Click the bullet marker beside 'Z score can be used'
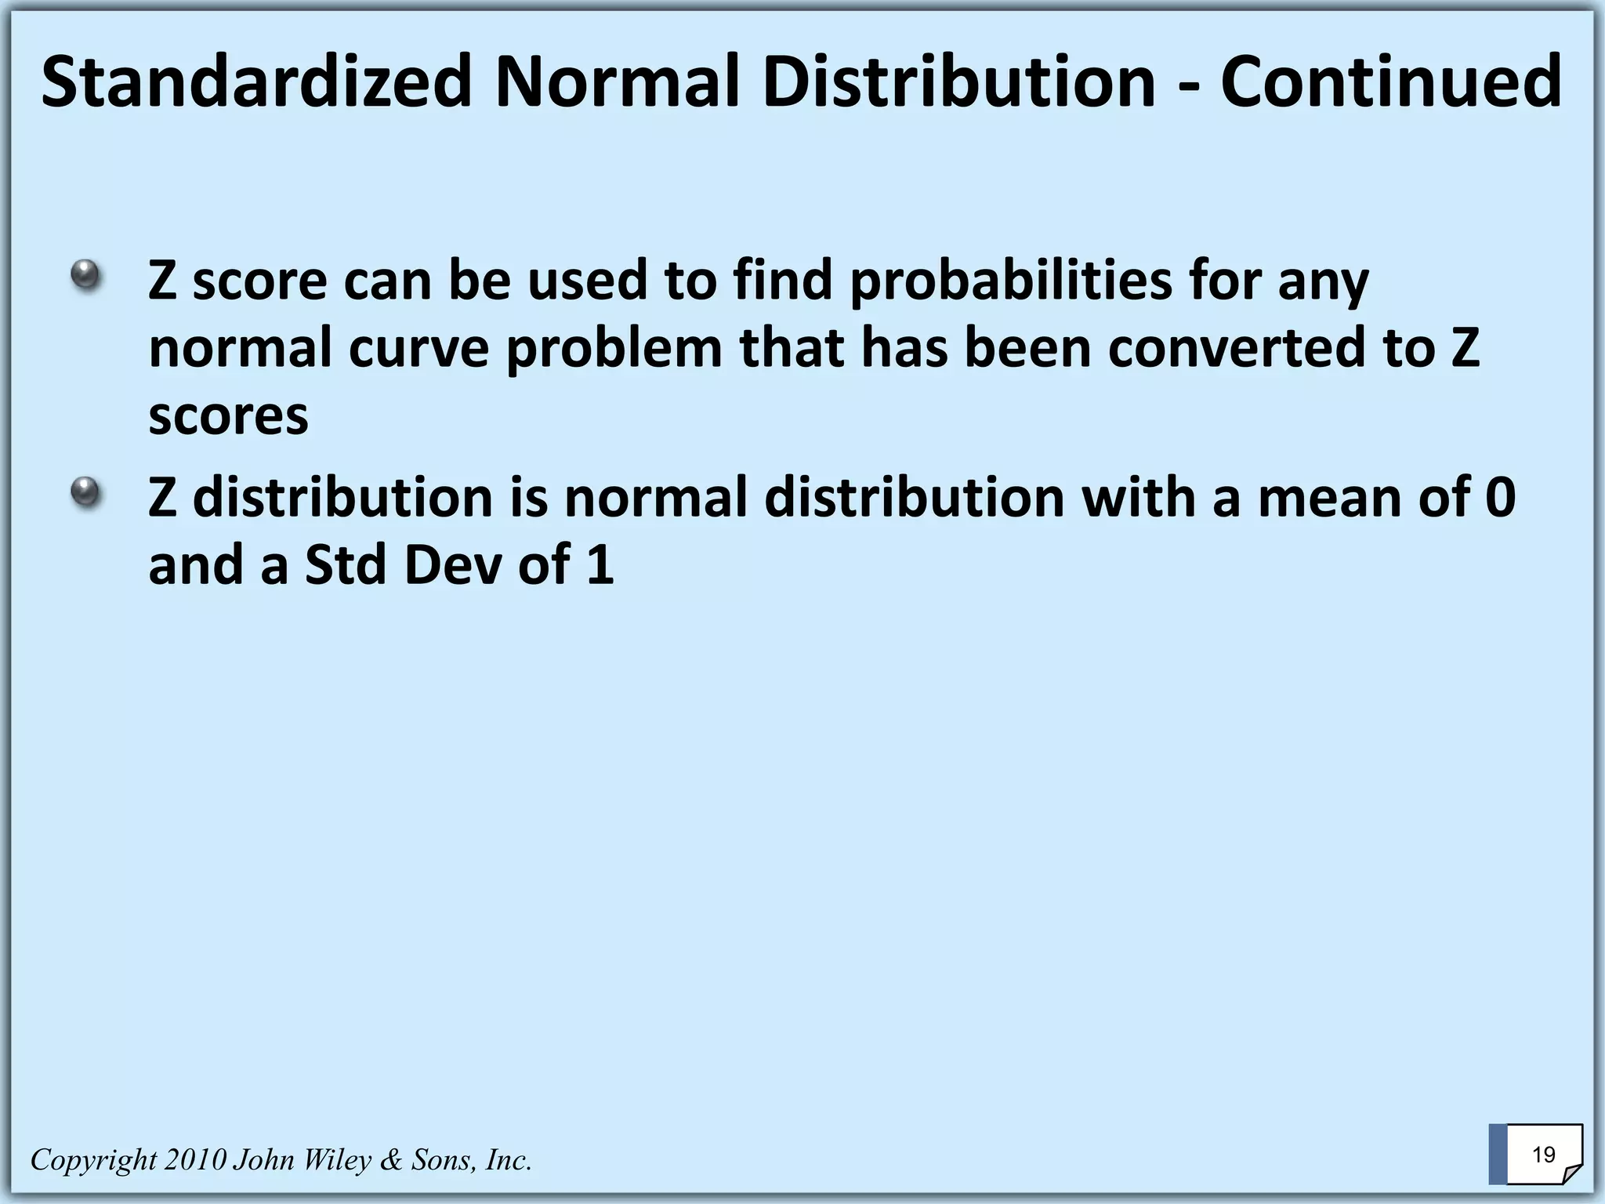coord(85,276)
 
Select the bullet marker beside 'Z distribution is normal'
coord(85,493)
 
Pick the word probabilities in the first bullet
coord(1011,281)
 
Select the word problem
coord(614,349)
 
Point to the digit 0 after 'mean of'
coord(1500,499)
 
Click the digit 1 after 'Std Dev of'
coord(600,565)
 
